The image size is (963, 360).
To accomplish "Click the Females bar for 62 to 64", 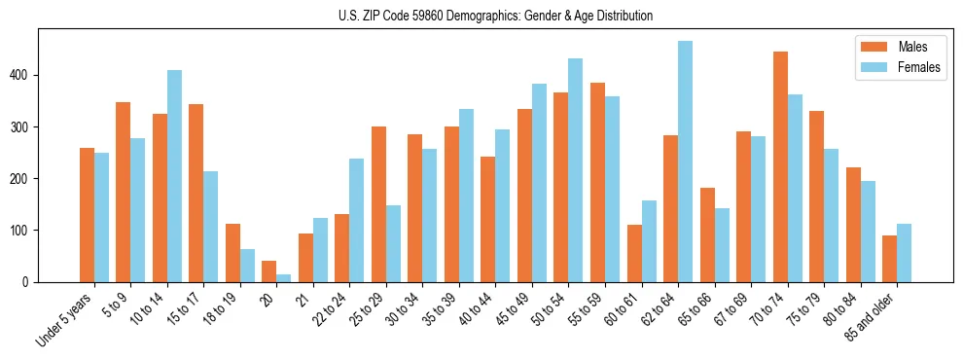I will click(686, 162).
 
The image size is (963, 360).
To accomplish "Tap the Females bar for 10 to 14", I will click(174, 176).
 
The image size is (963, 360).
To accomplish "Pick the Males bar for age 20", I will click(269, 271).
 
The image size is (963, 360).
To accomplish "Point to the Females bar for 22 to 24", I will click(357, 220).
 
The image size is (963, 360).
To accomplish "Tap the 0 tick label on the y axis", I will click(29, 282).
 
